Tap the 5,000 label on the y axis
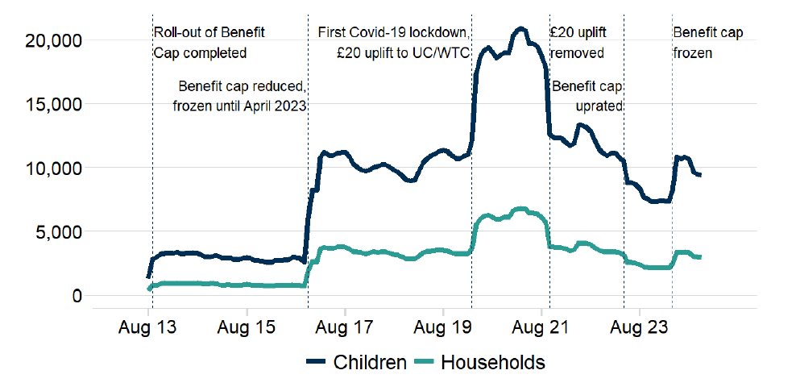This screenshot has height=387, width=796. tap(57, 231)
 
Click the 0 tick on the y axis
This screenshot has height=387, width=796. tap(76, 295)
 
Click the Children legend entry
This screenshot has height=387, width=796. tap(357, 363)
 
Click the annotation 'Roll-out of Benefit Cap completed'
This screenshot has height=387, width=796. tap(208, 43)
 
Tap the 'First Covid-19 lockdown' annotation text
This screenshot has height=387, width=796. tap(392, 33)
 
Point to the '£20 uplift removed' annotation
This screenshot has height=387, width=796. tap(578, 43)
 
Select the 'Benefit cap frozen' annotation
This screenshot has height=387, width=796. tap(707, 43)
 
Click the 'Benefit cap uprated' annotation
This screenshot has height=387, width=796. tap(588, 95)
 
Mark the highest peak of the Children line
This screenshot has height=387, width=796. tap(520, 29)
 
